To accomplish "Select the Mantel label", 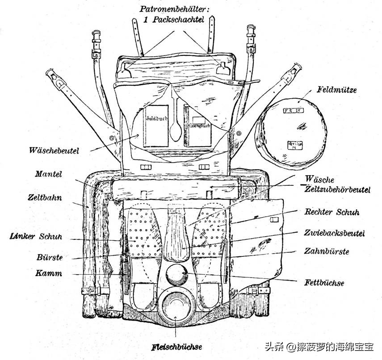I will [48, 174].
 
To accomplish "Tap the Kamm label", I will [49, 273].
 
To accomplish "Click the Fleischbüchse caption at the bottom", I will [176, 346].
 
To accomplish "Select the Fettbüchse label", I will [324, 283].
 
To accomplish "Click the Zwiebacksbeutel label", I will [335, 233].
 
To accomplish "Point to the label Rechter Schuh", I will [332, 212].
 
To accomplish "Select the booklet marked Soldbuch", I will [156, 126].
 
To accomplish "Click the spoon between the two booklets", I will [176, 126].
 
